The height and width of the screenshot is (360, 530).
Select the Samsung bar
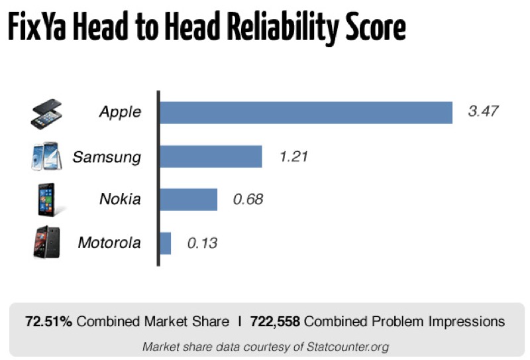(211, 156)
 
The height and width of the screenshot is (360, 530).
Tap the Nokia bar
(189, 200)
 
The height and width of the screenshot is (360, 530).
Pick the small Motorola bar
(165, 243)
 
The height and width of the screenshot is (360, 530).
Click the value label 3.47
(483, 112)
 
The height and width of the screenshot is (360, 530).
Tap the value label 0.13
(202, 243)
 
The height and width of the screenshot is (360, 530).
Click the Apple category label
(120, 112)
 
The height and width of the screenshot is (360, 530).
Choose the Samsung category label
(107, 157)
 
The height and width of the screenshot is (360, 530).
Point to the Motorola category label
(109, 243)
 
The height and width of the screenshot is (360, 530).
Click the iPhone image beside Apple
(46, 113)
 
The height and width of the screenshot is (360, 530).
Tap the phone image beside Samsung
(46, 157)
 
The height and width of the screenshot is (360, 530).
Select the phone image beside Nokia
(47, 200)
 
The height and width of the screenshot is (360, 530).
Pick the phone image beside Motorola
(46, 243)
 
